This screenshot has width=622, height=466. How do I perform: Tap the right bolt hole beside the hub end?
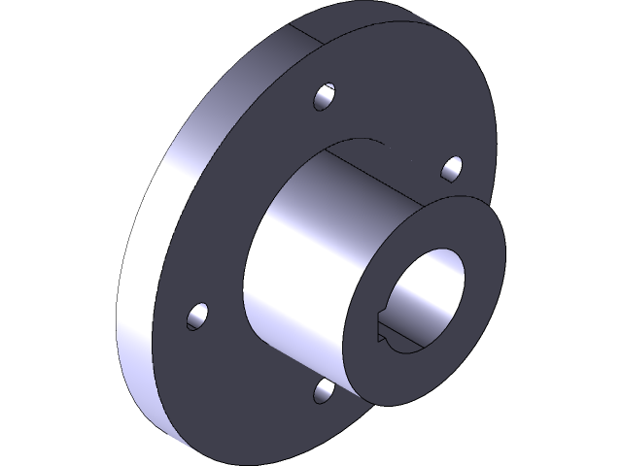(452, 168)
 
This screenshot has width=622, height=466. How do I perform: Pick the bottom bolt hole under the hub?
(325, 389)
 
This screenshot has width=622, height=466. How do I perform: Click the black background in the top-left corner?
(29, 29)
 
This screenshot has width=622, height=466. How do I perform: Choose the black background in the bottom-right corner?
(593, 437)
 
